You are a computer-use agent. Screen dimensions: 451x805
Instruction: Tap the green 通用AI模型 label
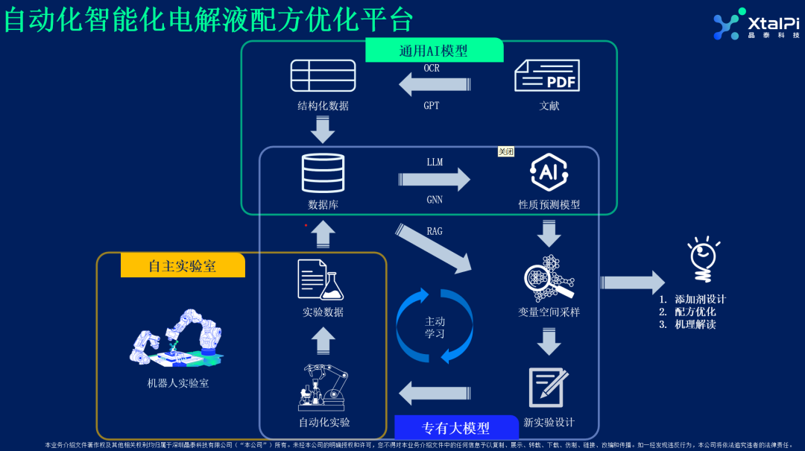tap(434, 51)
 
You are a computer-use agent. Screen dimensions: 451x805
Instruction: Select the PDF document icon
tap(548, 75)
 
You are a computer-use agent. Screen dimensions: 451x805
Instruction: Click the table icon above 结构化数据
tap(323, 75)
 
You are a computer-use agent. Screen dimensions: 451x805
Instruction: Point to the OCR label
tap(432, 68)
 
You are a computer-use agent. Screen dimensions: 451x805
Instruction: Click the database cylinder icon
tap(323, 173)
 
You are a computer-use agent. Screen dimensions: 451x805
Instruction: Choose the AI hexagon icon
tap(549, 172)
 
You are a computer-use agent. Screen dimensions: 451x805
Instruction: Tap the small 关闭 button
tap(506, 151)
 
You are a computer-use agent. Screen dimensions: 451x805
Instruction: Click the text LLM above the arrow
tap(435, 162)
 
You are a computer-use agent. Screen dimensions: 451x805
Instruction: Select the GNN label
tap(435, 199)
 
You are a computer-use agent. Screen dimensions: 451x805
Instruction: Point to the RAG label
tap(435, 231)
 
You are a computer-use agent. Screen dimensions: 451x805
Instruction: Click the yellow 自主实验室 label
tap(183, 265)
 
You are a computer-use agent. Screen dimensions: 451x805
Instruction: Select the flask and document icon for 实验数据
tap(322, 279)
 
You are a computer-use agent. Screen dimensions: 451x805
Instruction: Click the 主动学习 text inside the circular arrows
tap(435, 327)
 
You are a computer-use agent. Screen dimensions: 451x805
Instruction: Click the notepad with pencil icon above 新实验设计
tap(549, 387)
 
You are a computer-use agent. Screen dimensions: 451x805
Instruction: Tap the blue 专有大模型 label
tap(456, 428)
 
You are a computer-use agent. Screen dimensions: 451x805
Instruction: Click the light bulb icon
tap(704, 259)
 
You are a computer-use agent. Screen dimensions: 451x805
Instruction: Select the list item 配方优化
tap(695, 312)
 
